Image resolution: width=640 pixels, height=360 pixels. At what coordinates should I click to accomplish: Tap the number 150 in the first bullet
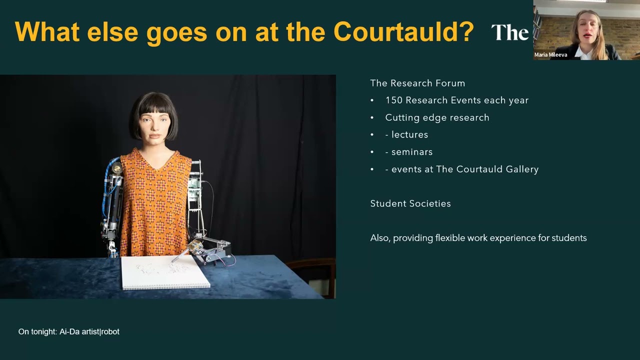[393, 100]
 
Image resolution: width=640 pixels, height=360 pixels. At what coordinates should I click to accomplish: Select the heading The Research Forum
[417, 83]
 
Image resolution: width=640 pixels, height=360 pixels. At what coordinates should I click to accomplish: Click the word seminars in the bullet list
[412, 152]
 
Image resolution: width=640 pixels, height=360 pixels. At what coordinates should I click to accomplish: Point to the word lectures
[409, 135]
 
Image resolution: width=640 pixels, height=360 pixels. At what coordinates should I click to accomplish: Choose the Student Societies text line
[410, 203]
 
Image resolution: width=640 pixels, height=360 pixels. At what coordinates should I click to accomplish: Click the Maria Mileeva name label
[550, 55]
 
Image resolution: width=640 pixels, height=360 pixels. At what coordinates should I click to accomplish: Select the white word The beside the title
[509, 33]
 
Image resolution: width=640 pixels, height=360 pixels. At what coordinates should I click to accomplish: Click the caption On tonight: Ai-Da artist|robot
[69, 331]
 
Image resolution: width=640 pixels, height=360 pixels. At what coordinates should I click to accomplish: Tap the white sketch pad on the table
[165, 272]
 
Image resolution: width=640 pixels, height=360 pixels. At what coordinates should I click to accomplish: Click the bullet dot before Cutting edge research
[372, 118]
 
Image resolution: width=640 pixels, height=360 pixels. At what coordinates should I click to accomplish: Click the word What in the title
[47, 32]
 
